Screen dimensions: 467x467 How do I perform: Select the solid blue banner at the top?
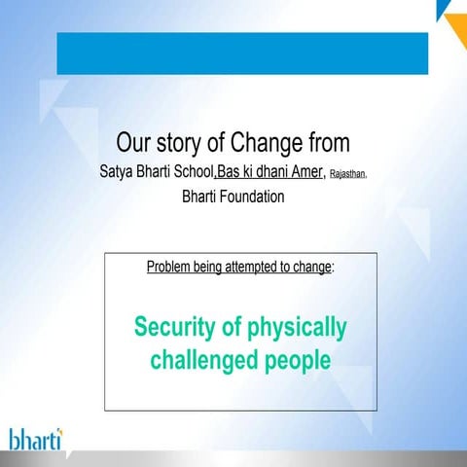242,53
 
